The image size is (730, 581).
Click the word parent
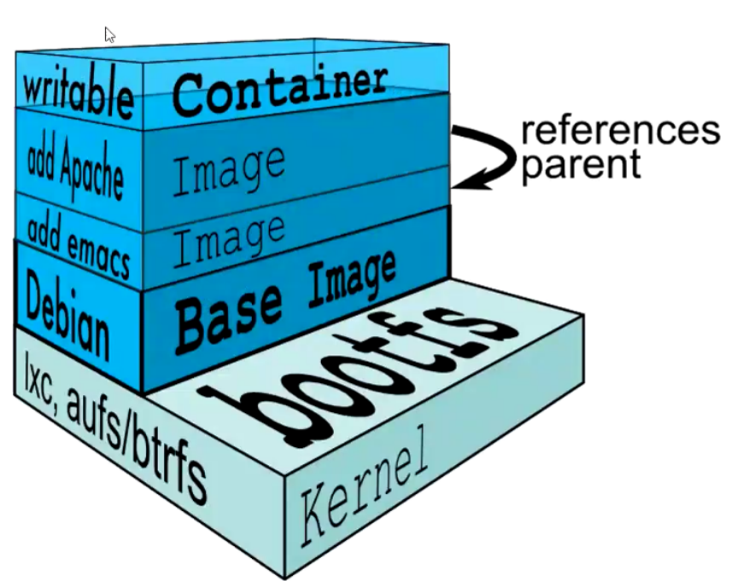[x=581, y=163]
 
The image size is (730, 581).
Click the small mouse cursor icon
[x=110, y=34]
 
